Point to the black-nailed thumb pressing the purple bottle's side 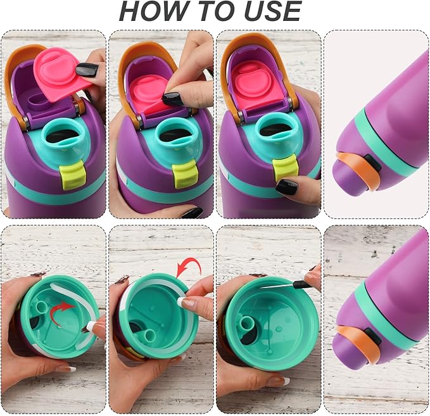(x=287, y=187)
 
